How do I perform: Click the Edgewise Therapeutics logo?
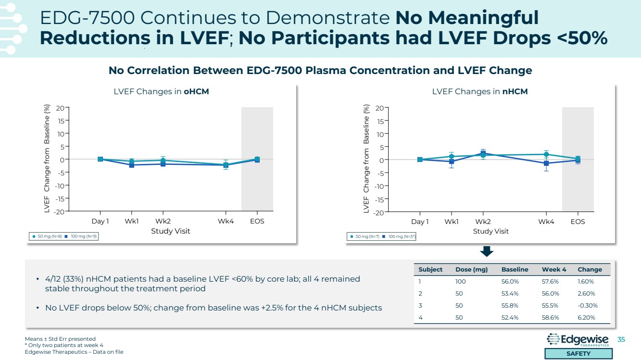[578, 340]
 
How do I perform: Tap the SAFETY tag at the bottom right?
[578, 354]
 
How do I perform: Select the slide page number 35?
[621, 340]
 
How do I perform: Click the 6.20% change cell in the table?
[586, 317]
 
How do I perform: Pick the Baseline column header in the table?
[515, 269]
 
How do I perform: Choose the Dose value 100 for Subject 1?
[460, 282]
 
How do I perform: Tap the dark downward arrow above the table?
[486, 251]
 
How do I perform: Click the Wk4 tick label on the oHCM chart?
[226, 222]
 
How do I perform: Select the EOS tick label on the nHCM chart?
[578, 222]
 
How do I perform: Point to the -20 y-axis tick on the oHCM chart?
[59, 211]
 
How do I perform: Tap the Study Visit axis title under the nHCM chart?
[490, 231]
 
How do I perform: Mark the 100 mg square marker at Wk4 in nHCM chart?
[546, 163]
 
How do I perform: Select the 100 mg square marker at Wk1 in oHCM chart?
[131, 165]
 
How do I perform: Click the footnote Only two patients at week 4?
[64, 345]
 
